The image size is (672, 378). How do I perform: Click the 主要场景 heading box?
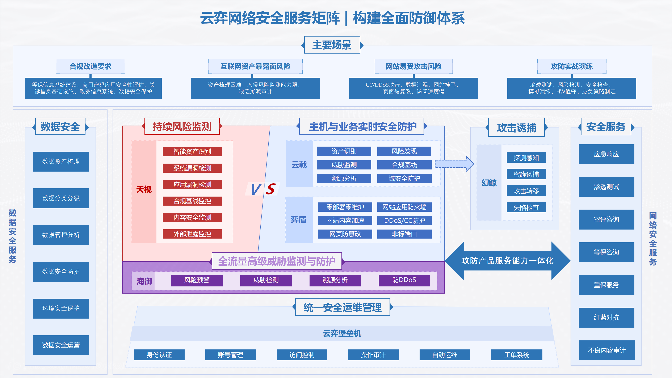click(x=332, y=45)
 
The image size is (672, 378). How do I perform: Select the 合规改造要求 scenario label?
click(x=90, y=66)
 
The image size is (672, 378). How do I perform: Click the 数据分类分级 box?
click(x=61, y=198)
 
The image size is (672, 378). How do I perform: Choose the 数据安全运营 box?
click(x=61, y=345)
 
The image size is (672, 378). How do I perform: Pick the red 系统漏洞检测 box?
click(x=192, y=168)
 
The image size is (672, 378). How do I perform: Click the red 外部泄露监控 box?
click(x=192, y=234)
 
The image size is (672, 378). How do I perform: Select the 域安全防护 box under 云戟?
click(x=404, y=178)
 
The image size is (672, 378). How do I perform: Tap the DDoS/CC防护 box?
click(x=404, y=221)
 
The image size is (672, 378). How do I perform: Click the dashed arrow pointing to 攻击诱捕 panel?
click(x=453, y=164)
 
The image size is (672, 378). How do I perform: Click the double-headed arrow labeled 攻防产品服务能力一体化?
click(x=507, y=261)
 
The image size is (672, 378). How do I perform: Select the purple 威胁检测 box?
click(x=266, y=280)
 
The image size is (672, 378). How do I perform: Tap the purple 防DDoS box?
click(x=404, y=280)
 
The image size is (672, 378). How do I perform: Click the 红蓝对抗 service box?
click(x=606, y=318)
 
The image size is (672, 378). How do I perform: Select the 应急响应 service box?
click(x=606, y=154)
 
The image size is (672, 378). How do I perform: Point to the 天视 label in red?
click(x=144, y=189)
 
